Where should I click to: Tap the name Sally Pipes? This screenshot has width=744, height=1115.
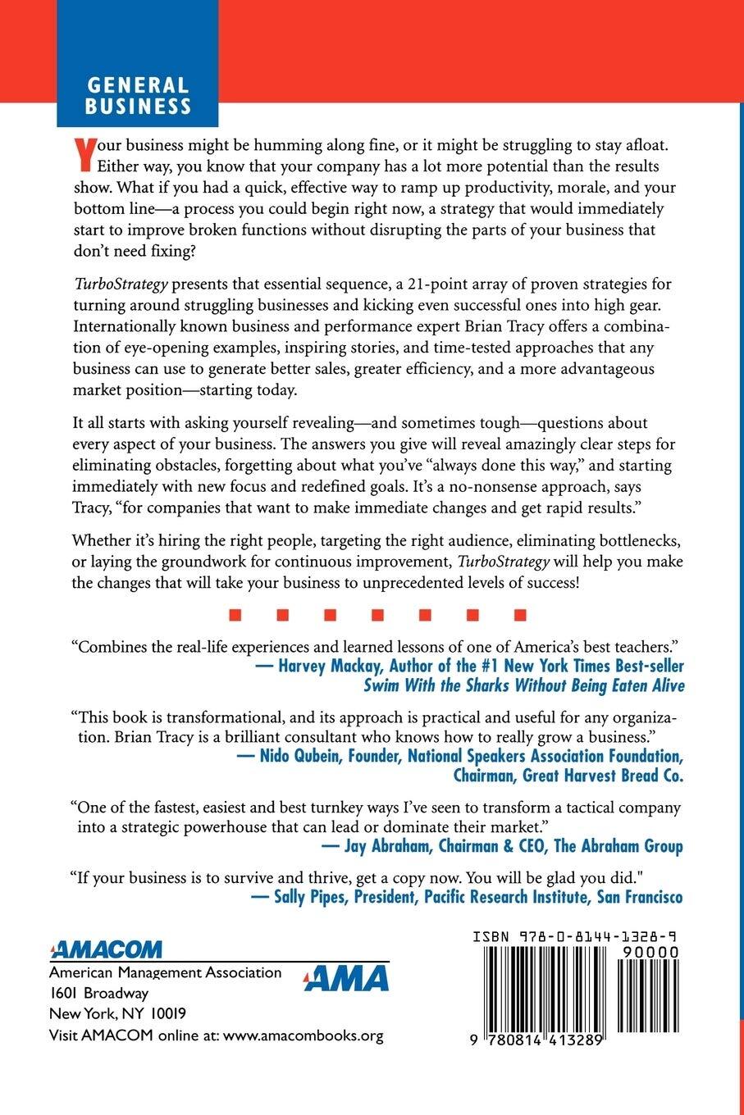tap(307, 897)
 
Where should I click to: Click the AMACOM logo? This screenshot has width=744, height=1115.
tap(106, 950)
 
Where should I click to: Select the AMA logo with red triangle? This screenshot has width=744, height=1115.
tap(345, 978)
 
